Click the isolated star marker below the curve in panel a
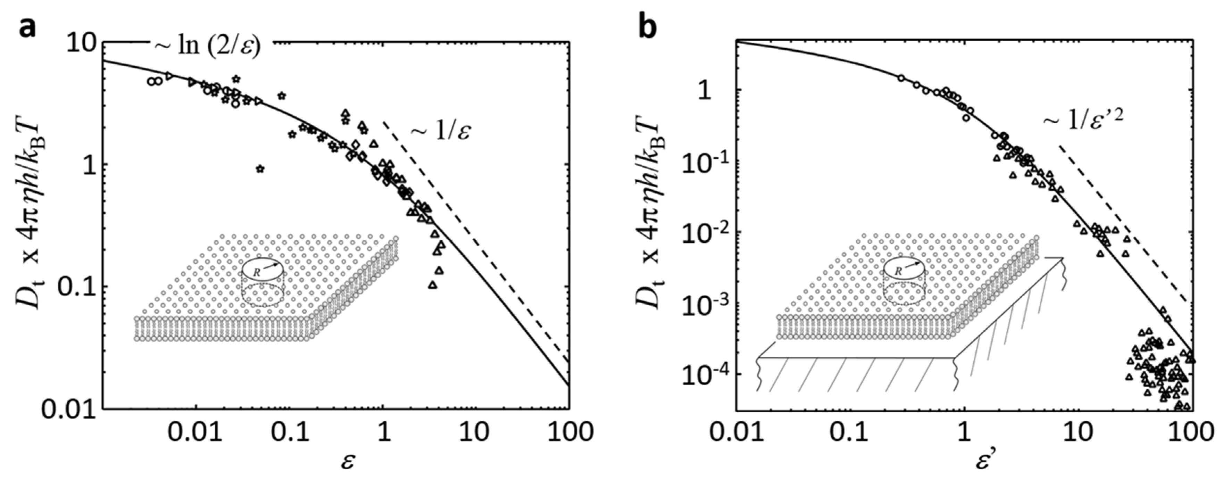point(260,168)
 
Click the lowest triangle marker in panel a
point(433,285)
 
